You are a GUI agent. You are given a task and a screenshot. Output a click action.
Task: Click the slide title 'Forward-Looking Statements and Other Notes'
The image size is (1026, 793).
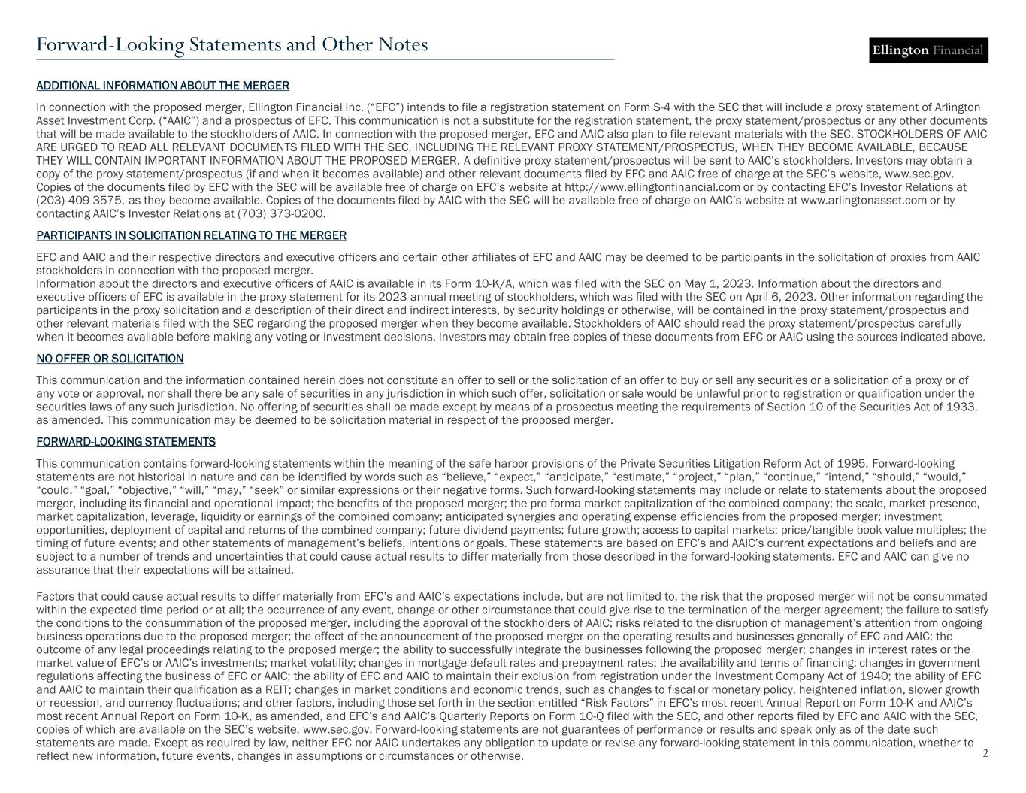(x=232, y=45)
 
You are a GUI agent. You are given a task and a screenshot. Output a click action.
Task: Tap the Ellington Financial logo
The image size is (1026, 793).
(x=928, y=50)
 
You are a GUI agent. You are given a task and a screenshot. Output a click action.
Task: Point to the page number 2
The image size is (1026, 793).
(x=985, y=752)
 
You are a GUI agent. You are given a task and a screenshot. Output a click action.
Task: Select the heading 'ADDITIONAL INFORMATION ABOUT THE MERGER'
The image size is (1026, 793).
(x=163, y=86)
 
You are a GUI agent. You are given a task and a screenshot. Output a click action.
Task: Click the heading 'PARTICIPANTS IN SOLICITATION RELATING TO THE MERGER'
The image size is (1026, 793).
(x=192, y=236)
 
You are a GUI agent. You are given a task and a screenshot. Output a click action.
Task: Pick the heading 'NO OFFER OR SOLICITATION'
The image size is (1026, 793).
(x=110, y=359)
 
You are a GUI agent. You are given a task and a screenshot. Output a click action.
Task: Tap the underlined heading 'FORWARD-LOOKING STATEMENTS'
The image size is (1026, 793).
(x=126, y=442)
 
